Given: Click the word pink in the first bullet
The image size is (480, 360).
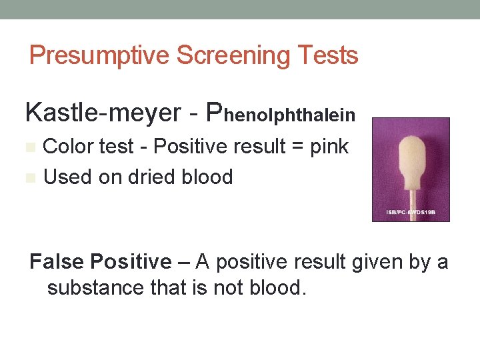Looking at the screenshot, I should [x=329, y=147].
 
